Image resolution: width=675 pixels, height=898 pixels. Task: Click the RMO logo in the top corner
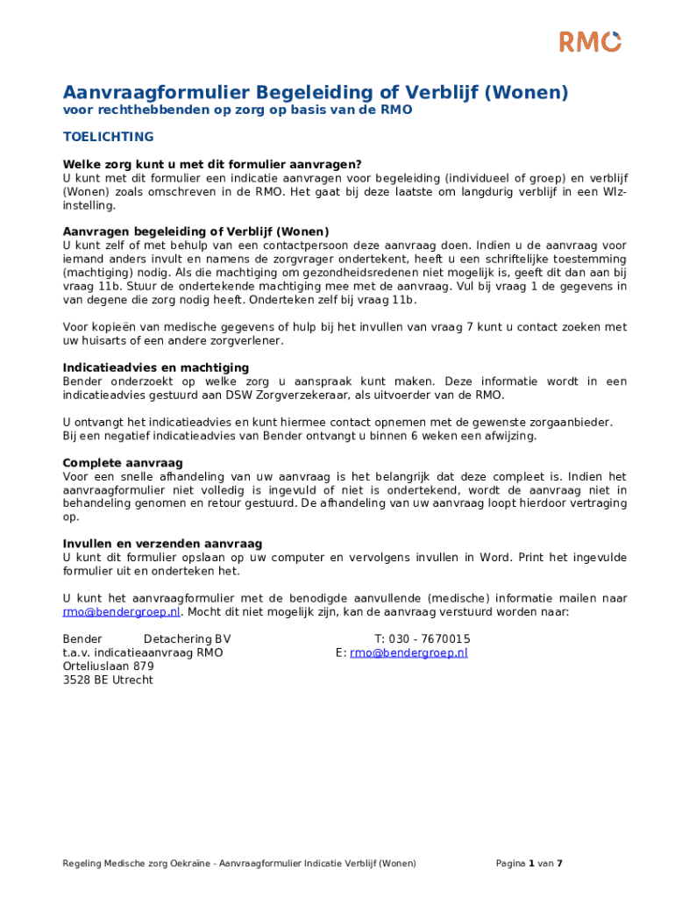pyautogui.click(x=590, y=41)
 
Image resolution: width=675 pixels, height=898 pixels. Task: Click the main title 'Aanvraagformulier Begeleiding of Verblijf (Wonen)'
pyautogui.click(x=316, y=92)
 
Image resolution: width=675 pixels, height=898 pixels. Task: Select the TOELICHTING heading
pyautogui.click(x=108, y=137)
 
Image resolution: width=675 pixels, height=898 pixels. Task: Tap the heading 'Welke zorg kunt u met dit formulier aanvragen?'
pyautogui.click(x=211, y=164)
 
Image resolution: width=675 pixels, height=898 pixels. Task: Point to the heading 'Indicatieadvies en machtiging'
pyautogui.click(x=155, y=367)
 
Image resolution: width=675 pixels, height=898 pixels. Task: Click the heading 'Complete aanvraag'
pyautogui.click(x=122, y=462)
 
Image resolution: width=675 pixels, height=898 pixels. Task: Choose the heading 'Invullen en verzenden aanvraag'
pyautogui.click(x=162, y=544)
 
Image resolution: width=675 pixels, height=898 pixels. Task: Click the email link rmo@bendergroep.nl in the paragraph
pyautogui.click(x=121, y=612)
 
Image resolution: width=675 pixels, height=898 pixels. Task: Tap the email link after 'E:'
pyautogui.click(x=409, y=652)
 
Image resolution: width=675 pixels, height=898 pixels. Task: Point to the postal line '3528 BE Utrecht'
pyautogui.click(x=108, y=680)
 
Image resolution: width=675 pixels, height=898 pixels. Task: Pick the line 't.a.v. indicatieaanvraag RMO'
pyautogui.click(x=143, y=652)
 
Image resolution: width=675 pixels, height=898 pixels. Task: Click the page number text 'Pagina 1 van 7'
pyautogui.click(x=529, y=864)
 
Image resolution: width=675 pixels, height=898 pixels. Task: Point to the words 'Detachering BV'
pyautogui.click(x=187, y=639)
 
